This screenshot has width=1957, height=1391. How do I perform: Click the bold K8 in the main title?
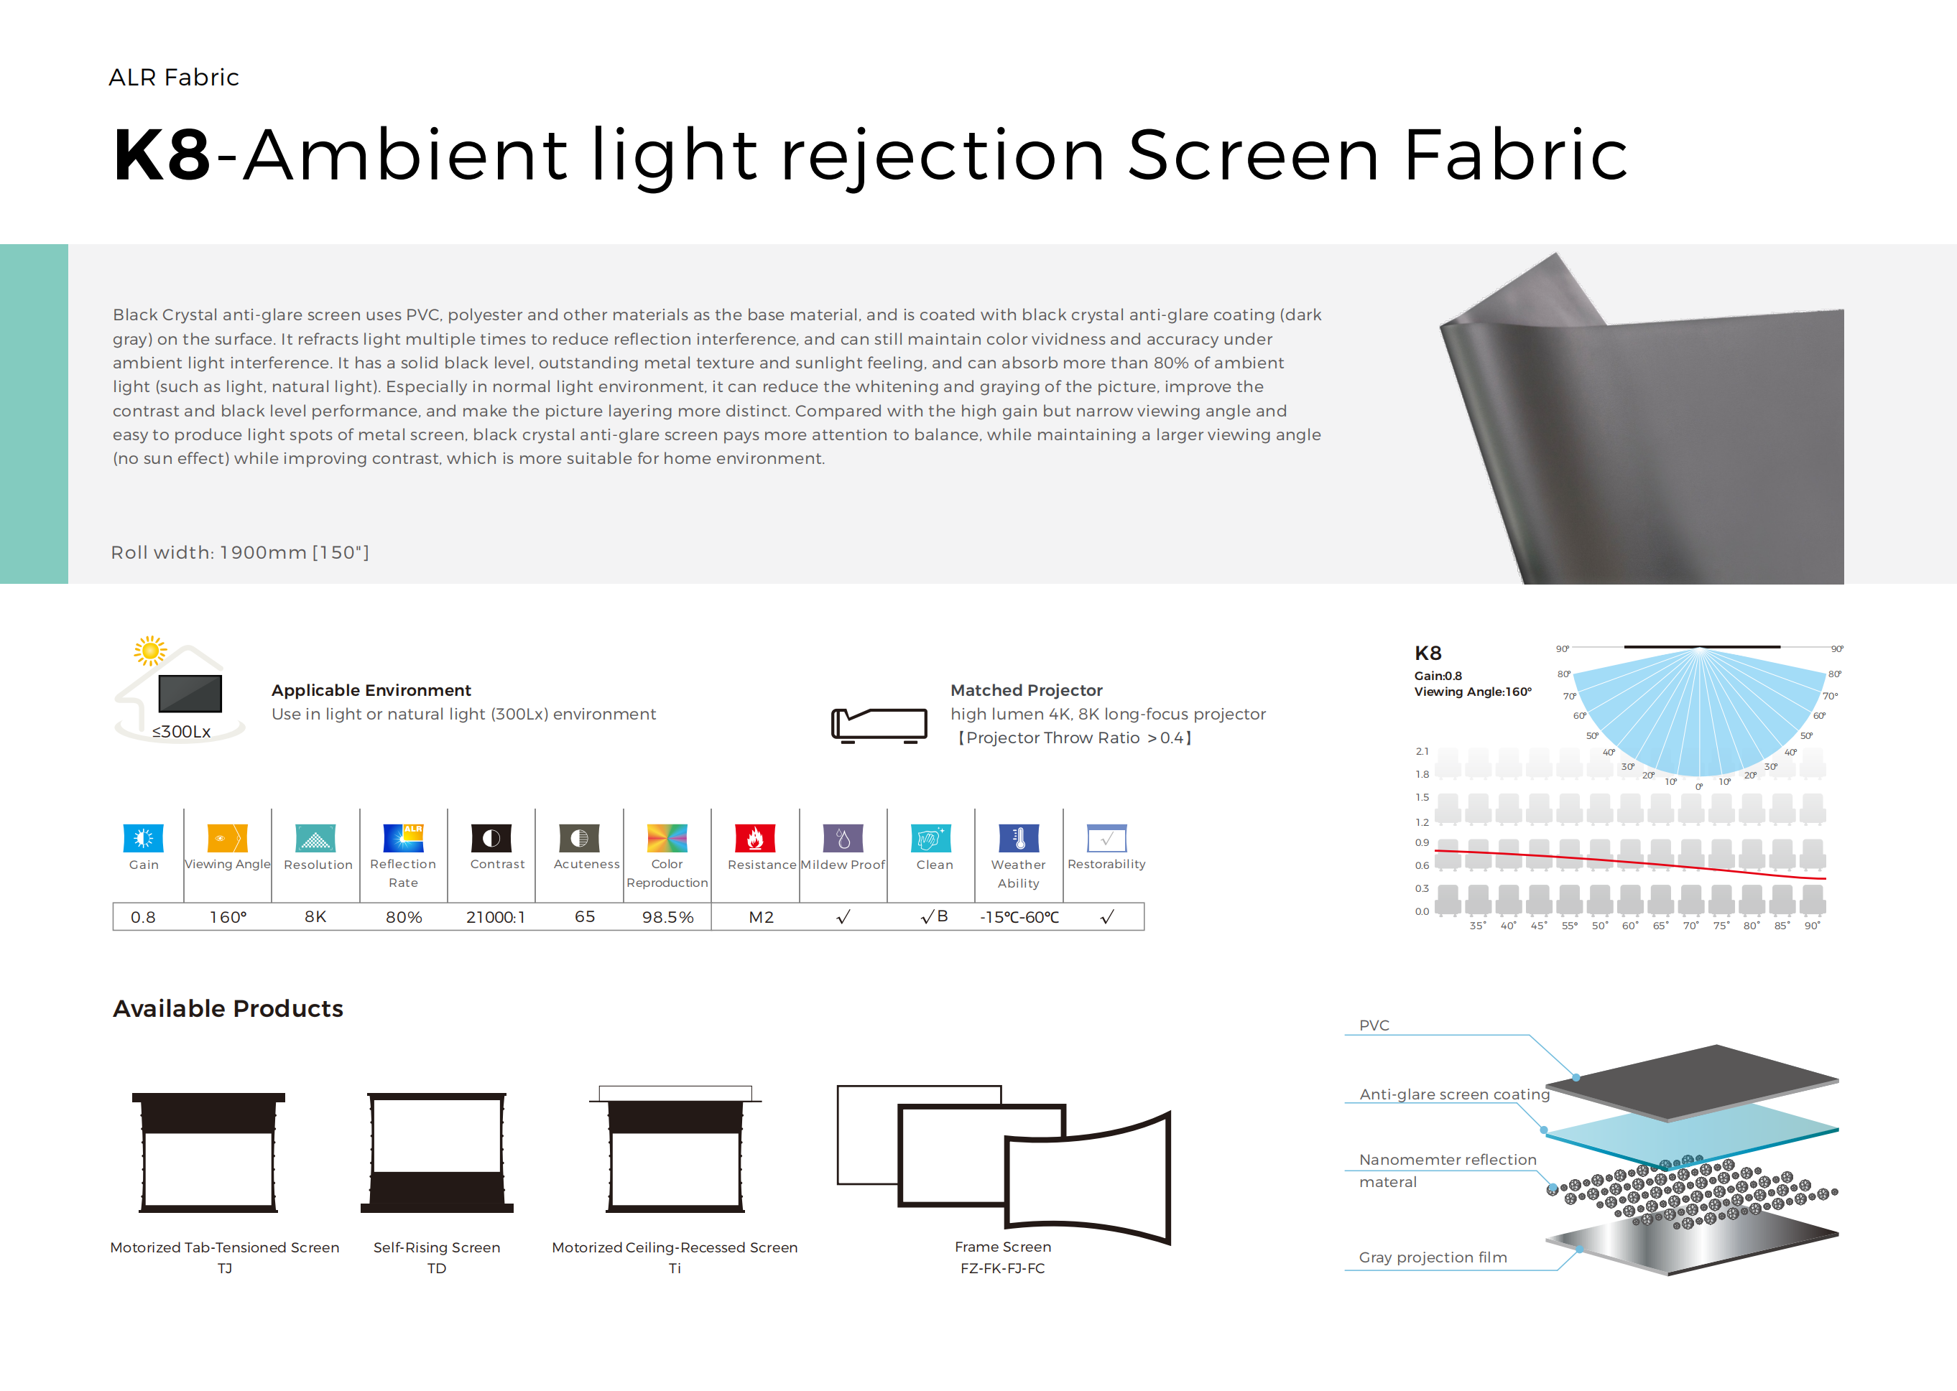click(161, 155)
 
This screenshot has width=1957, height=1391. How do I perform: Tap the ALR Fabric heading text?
click(174, 77)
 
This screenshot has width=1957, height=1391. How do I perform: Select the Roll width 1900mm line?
click(240, 552)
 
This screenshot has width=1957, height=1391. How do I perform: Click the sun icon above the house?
click(150, 651)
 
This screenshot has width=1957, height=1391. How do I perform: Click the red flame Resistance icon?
click(755, 837)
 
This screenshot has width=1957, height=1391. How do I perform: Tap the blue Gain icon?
click(143, 837)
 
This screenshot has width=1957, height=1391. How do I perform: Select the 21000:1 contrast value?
click(495, 917)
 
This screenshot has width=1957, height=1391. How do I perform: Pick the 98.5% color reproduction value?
click(667, 917)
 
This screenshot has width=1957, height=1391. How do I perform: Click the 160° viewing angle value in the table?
click(228, 917)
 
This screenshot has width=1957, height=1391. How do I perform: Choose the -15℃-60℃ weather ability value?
click(1019, 917)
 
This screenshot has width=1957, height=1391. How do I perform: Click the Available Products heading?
click(228, 1008)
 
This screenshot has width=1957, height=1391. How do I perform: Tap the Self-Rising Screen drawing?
click(437, 1152)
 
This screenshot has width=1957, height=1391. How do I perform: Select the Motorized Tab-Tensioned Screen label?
click(224, 1247)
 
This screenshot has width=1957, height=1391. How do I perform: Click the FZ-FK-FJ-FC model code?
click(1002, 1268)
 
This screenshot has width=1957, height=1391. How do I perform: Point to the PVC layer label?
click(1374, 1025)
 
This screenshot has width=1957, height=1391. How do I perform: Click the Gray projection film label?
click(1433, 1257)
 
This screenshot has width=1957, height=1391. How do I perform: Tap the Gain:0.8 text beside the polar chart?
click(1438, 676)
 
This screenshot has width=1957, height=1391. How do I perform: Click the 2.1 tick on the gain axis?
click(1422, 751)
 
